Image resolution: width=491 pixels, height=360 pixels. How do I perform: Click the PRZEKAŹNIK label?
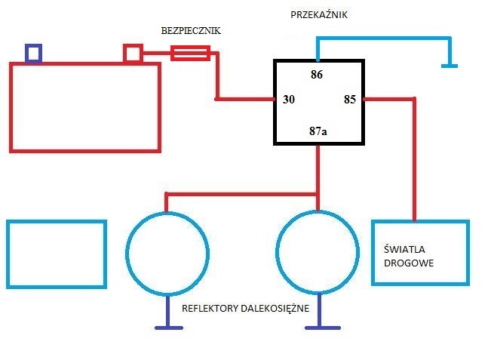coord(319,15)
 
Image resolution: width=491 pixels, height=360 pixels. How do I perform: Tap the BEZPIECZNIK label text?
coord(191,31)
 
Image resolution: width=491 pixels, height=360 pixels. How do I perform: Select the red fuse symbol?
coord(190,53)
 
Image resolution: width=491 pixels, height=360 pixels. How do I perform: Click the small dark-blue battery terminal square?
coord(33,54)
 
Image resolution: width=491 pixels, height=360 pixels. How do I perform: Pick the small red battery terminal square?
coord(133,54)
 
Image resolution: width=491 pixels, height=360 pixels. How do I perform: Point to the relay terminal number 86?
coord(317,75)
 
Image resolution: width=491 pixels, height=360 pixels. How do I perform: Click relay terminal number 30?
coord(289,100)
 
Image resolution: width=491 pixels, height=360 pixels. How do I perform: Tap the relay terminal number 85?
coord(350,100)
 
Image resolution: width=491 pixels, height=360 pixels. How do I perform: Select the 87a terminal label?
coord(318,131)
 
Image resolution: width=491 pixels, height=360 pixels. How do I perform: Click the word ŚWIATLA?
coord(404,249)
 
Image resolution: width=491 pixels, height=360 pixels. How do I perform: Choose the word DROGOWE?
coord(409,263)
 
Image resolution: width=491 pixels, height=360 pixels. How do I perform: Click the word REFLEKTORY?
coord(210,309)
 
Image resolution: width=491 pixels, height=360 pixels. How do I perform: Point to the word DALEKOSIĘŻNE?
coord(275,309)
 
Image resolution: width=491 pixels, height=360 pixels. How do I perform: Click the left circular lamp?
coord(127,254)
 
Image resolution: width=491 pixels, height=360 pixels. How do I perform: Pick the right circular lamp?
coord(277,253)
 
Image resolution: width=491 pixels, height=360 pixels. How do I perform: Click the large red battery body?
coord(11,107)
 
